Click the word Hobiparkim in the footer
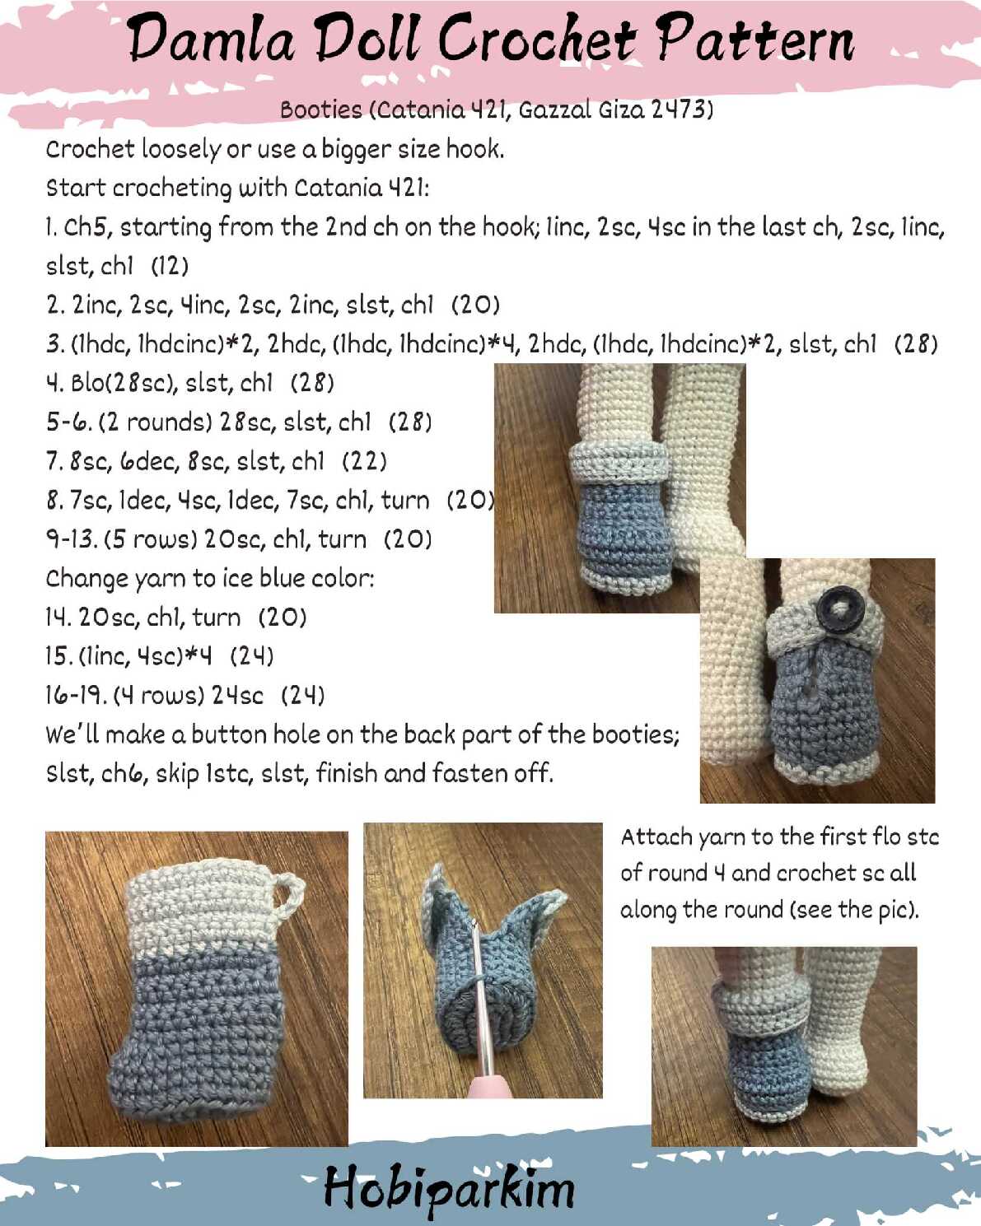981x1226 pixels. pos(449,1188)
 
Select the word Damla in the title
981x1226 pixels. pos(211,40)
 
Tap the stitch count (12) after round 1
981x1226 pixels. pos(170,265)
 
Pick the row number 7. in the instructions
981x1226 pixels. pos(54,460)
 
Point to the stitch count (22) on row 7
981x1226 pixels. pos(364,461)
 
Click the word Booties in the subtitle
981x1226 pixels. pos(321,109)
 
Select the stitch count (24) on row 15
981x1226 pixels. pos(251,656)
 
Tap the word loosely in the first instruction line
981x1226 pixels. pos(180,149)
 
